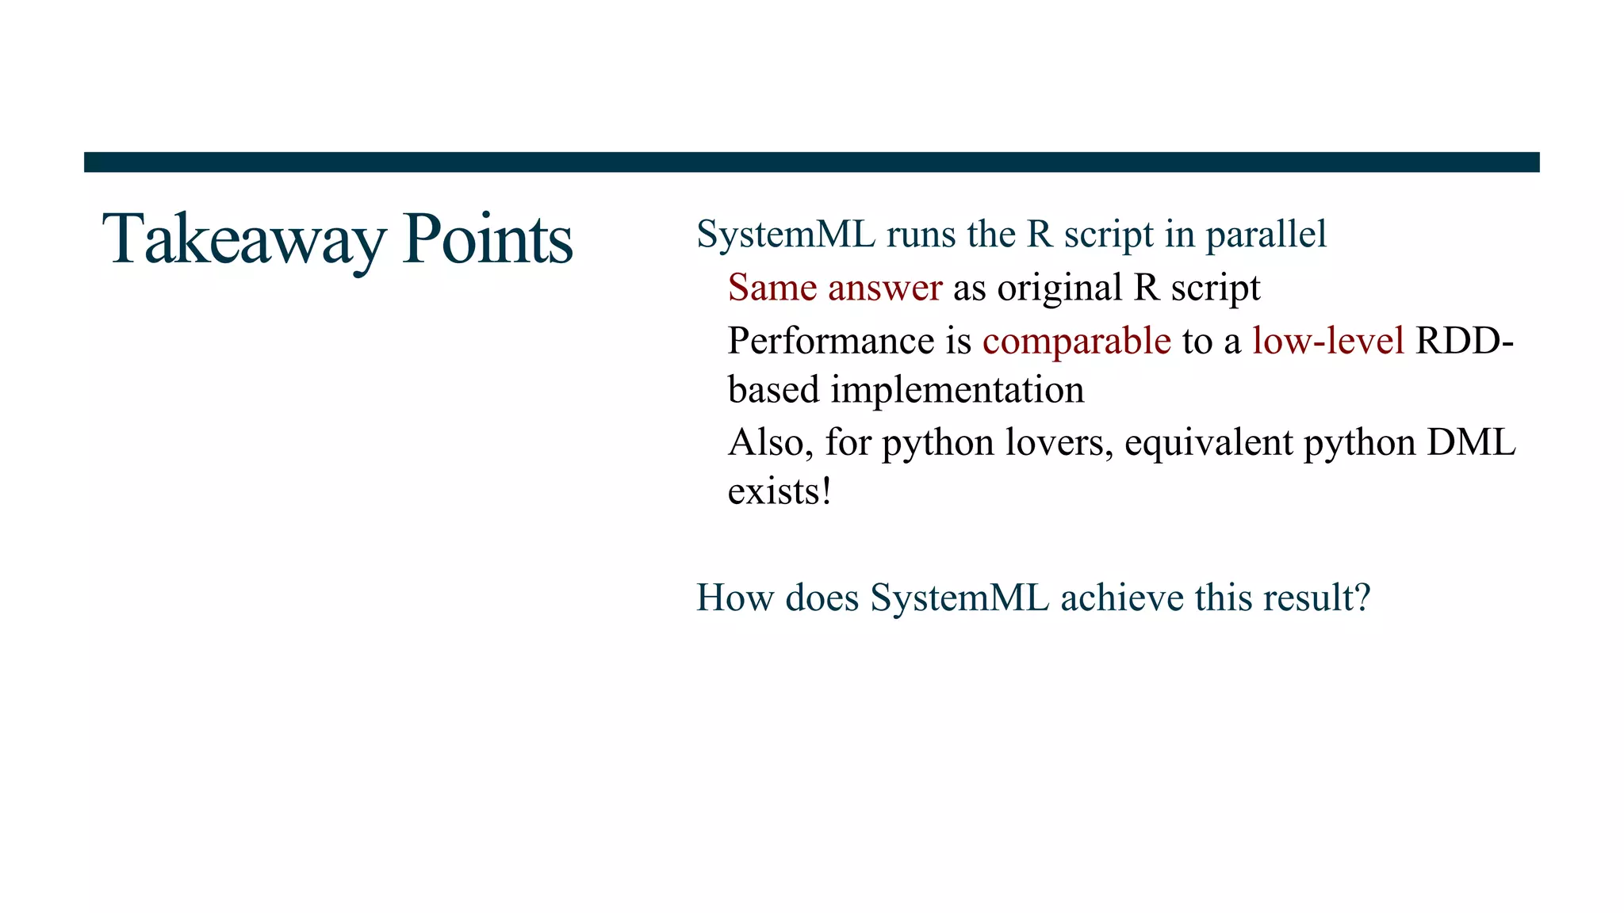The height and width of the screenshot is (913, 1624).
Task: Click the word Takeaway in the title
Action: pyautogui.click(x=243, y=239)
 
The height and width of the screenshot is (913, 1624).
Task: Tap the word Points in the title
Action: pyautogui.click(x=487, y=239)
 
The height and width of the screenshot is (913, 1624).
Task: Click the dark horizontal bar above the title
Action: pyautogui.click(x=811, y=162)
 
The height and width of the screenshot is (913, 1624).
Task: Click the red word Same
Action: pyautogui.click(x=772, y=288)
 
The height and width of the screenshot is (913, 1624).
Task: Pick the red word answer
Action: pyautogui.click(x=885, y=288)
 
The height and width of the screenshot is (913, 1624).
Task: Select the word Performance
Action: pyautogui.click(x=831, y=341)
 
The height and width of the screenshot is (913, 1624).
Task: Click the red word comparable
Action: pyautogui.click(x=1076, y=342)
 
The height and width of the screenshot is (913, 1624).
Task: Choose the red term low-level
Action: pyautogui.click(x=1328, y=341)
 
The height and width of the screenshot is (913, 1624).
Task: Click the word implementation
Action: pyautogui.click(x=957, y=390)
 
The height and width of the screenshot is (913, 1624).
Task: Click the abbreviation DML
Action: pyautogui.click(x=1471, y=442)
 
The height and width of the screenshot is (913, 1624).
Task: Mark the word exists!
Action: pyautogui.click(x=779, y=491)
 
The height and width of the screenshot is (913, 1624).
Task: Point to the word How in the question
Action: pyautogui.click(x=734, y=598)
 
